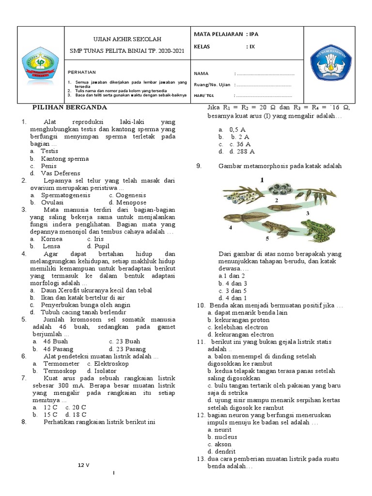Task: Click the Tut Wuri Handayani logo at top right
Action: [331, 63]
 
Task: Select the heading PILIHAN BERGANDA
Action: [70, 108]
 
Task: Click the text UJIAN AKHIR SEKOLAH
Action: [127, 39]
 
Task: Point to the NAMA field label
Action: [201, 74]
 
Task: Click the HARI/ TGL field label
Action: [203, 95]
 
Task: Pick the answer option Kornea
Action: [51, 239]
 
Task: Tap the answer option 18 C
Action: [77, 414]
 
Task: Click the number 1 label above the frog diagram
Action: [261, 180]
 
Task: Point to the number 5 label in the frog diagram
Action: [267, 239]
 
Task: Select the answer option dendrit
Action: [219, 451]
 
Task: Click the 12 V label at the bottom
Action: [85, 465]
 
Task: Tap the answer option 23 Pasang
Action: [127, 349]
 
